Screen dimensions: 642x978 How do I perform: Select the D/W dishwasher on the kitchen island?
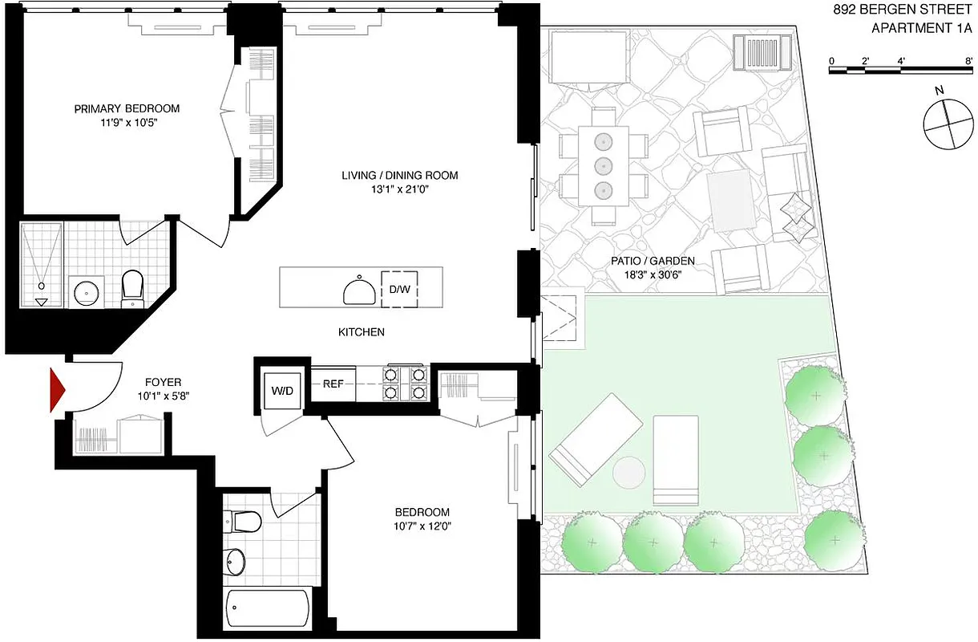pos(399,289)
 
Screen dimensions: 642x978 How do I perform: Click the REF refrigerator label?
pos(333,384)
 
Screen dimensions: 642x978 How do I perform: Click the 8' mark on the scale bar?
pos(969,61)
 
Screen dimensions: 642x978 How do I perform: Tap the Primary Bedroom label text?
pos(127,108)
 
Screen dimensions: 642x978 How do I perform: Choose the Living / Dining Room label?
pos(400,175)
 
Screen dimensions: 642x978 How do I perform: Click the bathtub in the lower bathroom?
pos(268,610)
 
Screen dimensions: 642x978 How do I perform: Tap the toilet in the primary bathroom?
pos(131,287)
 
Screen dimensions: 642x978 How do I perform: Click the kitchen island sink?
pos(357,290)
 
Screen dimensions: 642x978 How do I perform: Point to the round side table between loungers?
pos(629,472)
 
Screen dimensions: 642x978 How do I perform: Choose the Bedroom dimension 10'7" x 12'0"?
pos(422,526)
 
